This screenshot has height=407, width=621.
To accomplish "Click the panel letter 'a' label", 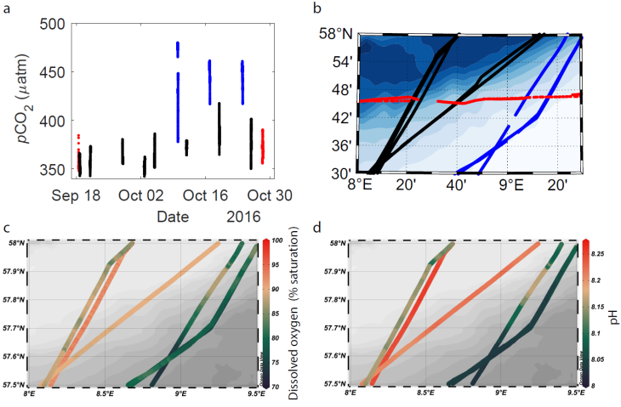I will point(8,8).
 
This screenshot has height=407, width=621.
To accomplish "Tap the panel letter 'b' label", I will point(317,8).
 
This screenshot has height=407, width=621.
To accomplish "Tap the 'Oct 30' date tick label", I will point(271,195).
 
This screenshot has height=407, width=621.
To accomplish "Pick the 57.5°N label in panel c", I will point(15,383).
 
